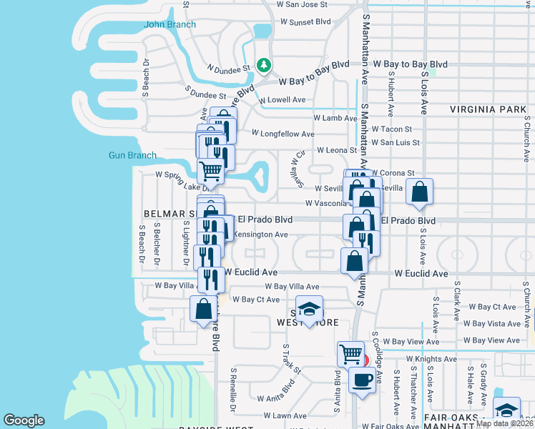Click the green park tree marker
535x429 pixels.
pos(264,65)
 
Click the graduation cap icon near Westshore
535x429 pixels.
pos(309,308)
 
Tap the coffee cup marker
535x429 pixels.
pos(362,379)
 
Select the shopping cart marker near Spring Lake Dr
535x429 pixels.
pos(210,171)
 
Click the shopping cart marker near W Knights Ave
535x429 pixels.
pos(350,353)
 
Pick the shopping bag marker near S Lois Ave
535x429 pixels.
pos(420,191)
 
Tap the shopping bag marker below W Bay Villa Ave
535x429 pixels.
pos(203,308)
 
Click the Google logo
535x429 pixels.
pos(24,420)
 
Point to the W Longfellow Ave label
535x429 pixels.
pos(283,134)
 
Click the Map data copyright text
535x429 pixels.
pos(504,423)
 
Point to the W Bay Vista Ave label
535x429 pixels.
pos(494,324)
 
